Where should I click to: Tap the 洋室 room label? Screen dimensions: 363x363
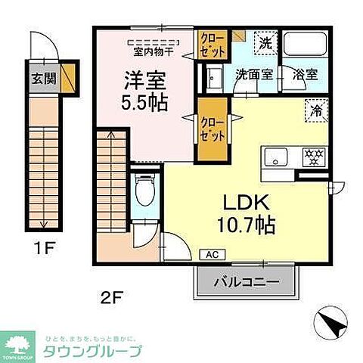[x=141, y=79]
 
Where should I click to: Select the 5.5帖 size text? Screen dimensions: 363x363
[x=141, y=101]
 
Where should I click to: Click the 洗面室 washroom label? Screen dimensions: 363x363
[x=251, y=75]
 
